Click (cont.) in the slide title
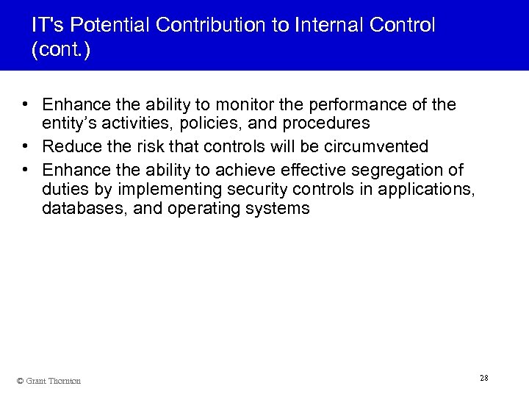click(62, 51)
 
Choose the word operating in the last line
click(205, 209)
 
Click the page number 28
click(483, 378)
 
